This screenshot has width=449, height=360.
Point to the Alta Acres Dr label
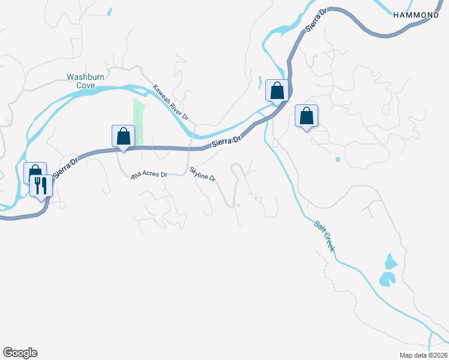pyautogui.click(x=149, y=175)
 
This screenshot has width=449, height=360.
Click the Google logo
pyautogui.click(x=20, y=353)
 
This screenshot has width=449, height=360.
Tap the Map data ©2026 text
pyautogui.click(x=415, y=355)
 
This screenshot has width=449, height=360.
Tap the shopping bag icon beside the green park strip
pyautogui.click(x=123, y=136)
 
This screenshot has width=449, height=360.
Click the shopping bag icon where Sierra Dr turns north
pyautogui.click(x=277, y=91)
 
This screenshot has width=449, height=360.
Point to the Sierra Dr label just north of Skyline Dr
pyautogui.click(x=226, y=142)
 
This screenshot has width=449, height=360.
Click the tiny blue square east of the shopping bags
pyautogui.click(x=338, y=160)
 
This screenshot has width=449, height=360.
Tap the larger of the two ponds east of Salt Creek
pyautogui.click(x=387, y=278)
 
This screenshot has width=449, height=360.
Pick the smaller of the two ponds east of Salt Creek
pyautogui.click(x=391, y=262)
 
